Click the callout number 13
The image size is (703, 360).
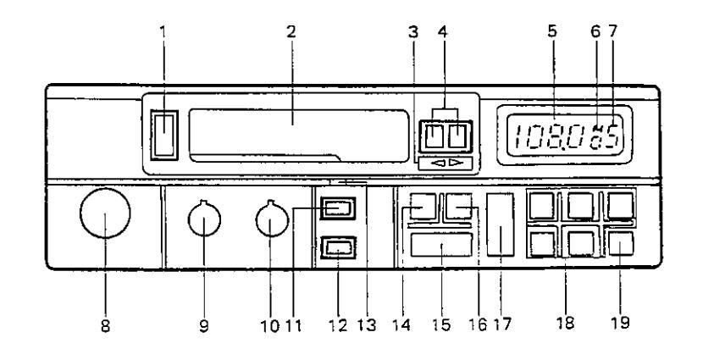(x=367, y=324)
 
